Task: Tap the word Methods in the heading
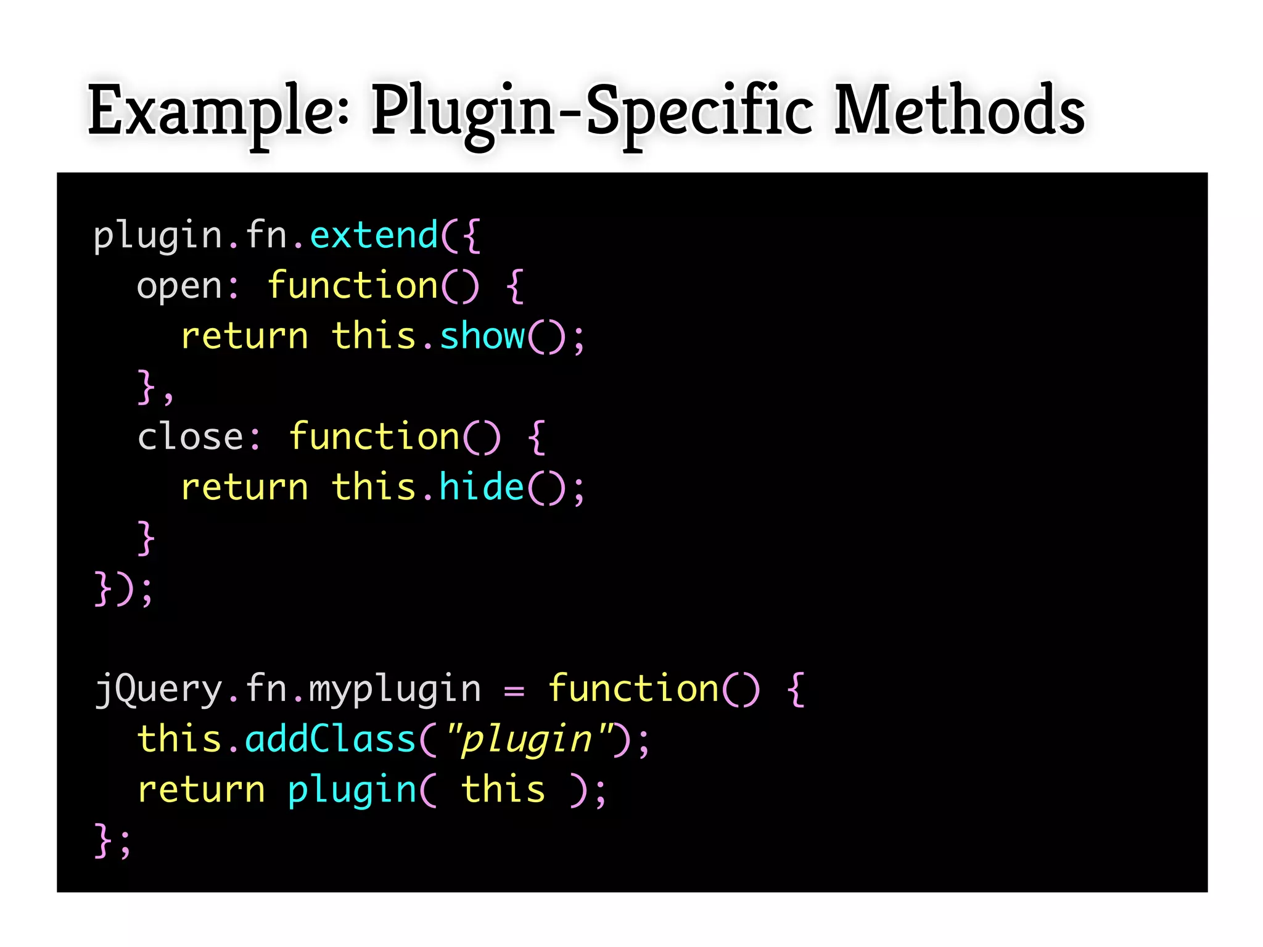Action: tap(959, 111)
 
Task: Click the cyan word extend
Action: tap(374, 236)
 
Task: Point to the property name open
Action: tap(179, 287)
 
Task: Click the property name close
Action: tap(191, 437)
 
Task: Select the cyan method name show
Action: tap(482, 337)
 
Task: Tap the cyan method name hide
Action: tap(482, 487)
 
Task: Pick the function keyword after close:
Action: tap(374, 437)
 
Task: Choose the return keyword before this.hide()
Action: tap(244, 488)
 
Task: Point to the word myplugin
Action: tap(395, 689)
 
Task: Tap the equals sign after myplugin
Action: tap(514, 691)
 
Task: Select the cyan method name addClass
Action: tap(331, 739)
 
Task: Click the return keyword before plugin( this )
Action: tap(201, 790)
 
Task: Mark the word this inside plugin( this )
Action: tap(503, 790)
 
